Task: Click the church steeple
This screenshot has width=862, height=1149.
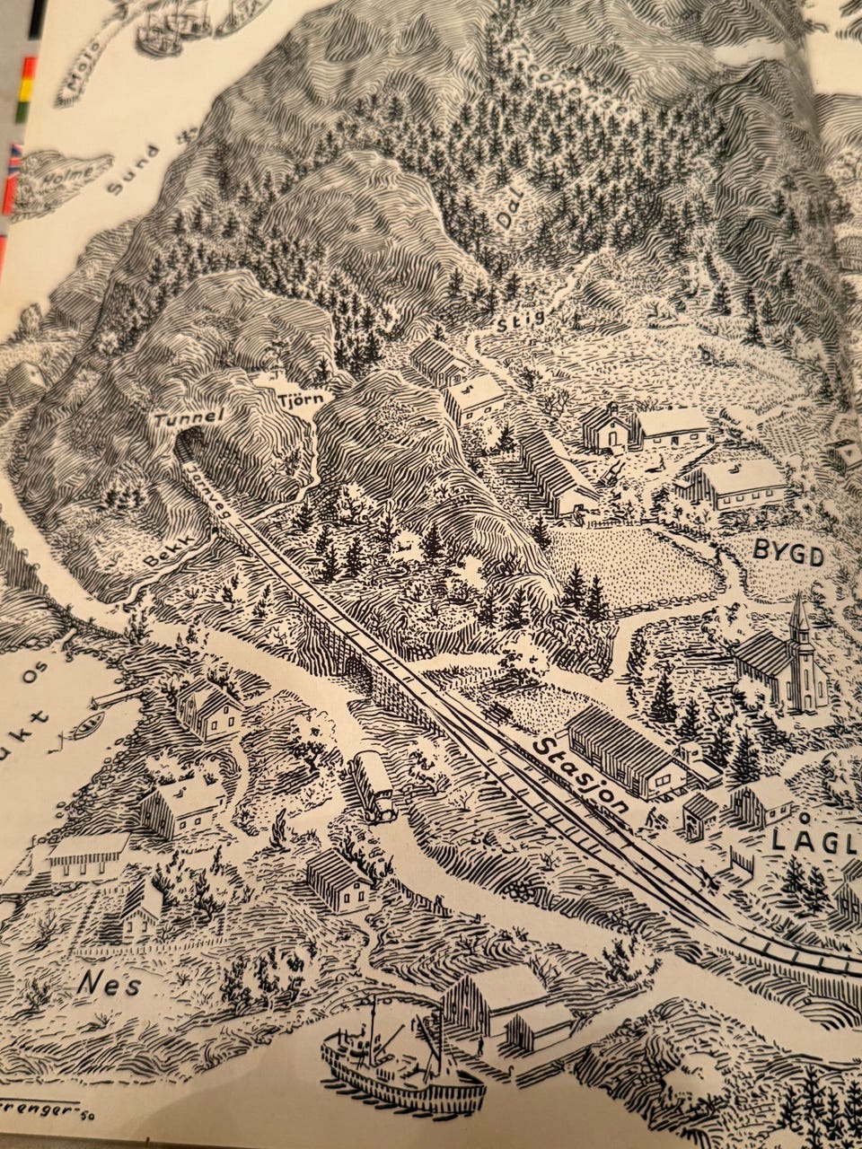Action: (798, 619)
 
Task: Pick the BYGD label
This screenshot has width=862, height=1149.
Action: (788, 556)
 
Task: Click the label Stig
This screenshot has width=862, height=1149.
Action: (520, 320)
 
